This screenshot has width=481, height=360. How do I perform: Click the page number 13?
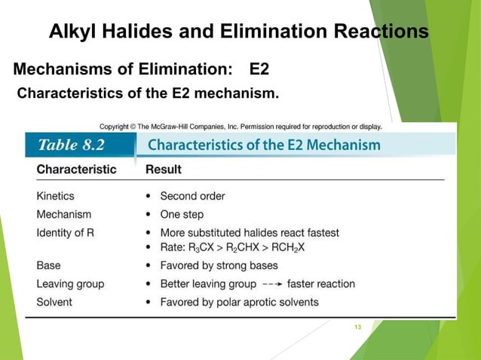coord(357,326)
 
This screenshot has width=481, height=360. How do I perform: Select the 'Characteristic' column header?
coord(76,169)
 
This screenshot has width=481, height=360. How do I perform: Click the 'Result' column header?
coord(164,169)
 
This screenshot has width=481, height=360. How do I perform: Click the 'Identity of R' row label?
coord(66,233)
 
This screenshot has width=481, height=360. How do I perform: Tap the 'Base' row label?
coord(49,265)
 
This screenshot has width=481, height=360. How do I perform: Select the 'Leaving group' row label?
coord(70,284)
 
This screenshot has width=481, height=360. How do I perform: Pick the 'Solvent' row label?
coord(54,302)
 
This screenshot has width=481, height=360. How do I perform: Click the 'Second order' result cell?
coord(192,196)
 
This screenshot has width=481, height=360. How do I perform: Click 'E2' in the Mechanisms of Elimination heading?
coord(259,70)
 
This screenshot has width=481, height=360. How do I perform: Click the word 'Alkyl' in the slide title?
coord(73,32)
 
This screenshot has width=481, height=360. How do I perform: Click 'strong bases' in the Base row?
coord(247,265)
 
